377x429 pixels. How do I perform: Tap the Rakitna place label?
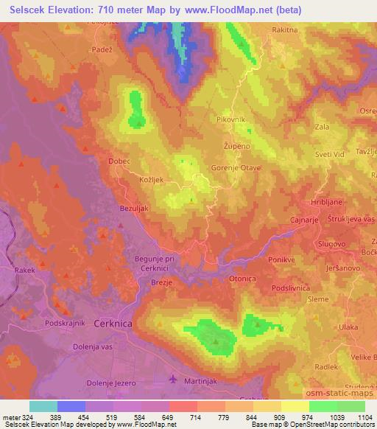[286, 30]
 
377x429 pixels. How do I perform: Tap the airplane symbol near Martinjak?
[173, 380]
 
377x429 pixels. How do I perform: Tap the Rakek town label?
[24, 271]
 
